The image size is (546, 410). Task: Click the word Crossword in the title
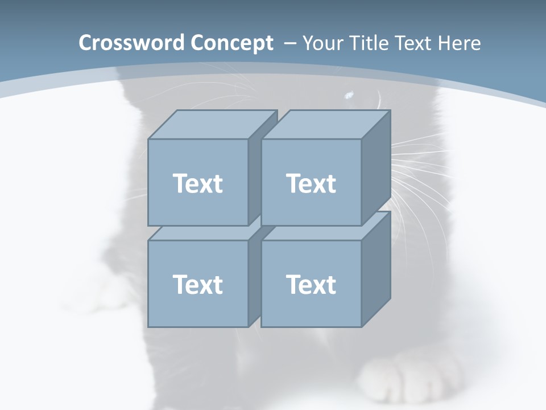click(x=131, y=43)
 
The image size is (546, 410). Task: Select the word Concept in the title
click(x=231, y=43)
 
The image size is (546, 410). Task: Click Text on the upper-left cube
click(x=197, y=183)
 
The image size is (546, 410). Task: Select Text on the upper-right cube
click(x=311, y=183)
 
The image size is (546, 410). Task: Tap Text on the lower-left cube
click(x=197, y=284)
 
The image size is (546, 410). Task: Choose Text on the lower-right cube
click(x=311, y=284)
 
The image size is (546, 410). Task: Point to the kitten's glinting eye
click(x=348, y=95)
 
